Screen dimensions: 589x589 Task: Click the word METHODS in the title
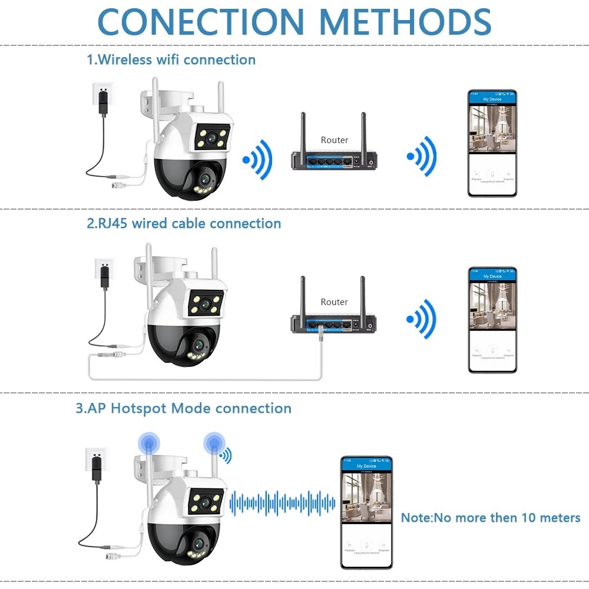point(406,22)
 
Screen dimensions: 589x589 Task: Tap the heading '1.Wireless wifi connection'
point(171,59)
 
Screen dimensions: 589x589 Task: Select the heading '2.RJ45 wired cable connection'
point(184,223)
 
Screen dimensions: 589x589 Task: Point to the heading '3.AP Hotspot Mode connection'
point(183,408)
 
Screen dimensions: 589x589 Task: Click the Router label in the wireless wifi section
point(334,140)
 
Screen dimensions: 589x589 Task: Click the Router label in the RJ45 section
point(334,302)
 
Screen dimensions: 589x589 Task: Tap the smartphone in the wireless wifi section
point(492,143)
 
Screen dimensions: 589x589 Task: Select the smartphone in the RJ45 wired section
point(492,320)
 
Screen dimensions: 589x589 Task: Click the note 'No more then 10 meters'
point(491,518)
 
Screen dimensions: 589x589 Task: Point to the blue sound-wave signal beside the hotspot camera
point(282,502)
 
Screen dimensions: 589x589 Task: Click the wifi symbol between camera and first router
point(258,158)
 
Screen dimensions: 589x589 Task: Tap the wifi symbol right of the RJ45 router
point(422,320)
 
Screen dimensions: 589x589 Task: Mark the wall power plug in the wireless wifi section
point(102,94)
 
